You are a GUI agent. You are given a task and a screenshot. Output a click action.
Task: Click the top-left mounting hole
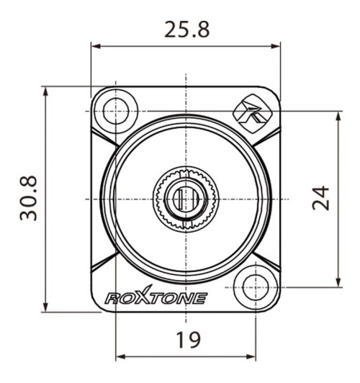click(x=114, y=111)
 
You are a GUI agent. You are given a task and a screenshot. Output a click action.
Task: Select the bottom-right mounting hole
click(x=256, y=287)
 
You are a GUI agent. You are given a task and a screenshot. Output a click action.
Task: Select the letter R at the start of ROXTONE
click(x=112, y=298)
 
